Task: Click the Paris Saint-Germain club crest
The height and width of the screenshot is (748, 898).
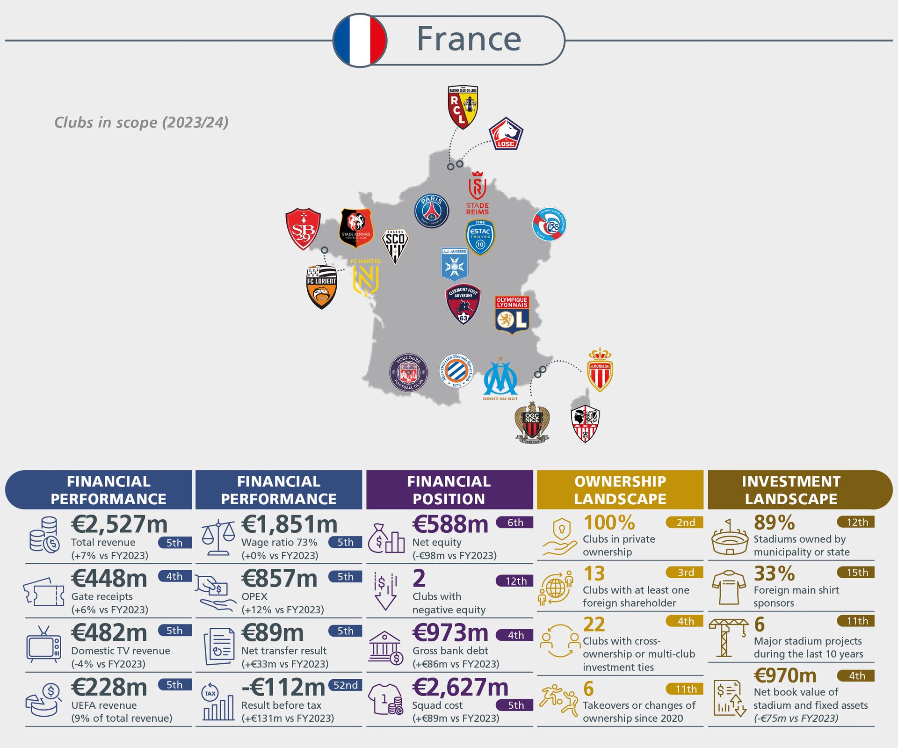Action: (431, 211)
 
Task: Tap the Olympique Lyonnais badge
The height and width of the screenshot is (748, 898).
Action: (512, 315)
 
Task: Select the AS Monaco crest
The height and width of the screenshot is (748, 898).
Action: (600, 370)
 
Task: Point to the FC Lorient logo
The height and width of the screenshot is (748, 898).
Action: (321, 287)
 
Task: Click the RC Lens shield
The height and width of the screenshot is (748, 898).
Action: (463, 107)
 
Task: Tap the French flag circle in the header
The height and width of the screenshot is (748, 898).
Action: (360, 40)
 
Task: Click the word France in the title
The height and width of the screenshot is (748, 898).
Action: (469, 39)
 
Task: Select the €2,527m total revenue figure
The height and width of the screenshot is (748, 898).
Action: (119, 524)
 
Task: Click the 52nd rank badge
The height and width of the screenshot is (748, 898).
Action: (345, 685)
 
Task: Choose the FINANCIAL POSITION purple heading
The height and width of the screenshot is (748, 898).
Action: (449, 490)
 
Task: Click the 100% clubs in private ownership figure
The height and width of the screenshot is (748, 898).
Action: (609, 523)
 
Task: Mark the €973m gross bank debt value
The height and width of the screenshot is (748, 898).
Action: (450, 633)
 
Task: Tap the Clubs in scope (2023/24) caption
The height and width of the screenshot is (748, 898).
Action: (141, 123)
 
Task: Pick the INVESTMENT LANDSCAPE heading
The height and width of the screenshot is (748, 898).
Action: (791, 490)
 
